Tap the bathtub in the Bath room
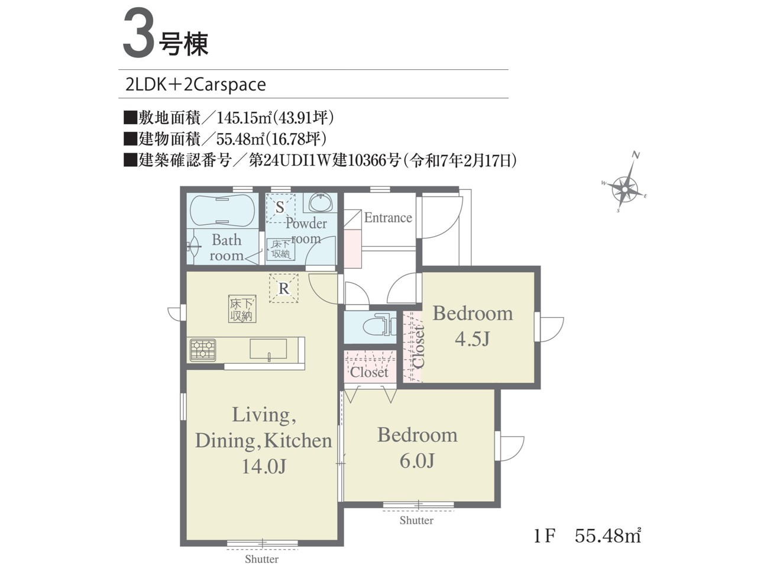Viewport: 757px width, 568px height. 222,211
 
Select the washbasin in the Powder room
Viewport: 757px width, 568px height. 320,202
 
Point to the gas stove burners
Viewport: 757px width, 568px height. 203,350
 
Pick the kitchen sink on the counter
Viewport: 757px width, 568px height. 268,349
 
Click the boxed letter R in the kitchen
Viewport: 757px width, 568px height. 283,288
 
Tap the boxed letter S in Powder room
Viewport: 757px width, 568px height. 281,208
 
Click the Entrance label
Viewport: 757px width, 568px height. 388,218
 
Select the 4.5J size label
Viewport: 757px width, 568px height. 472,340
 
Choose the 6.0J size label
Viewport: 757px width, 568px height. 417,460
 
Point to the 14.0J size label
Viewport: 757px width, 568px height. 264,467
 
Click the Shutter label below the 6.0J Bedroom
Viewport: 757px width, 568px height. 416,521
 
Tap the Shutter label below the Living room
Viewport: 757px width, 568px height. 262,559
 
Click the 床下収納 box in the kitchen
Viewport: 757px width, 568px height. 242,309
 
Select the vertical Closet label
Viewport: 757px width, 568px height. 419,347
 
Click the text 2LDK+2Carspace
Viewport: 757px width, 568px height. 196,85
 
